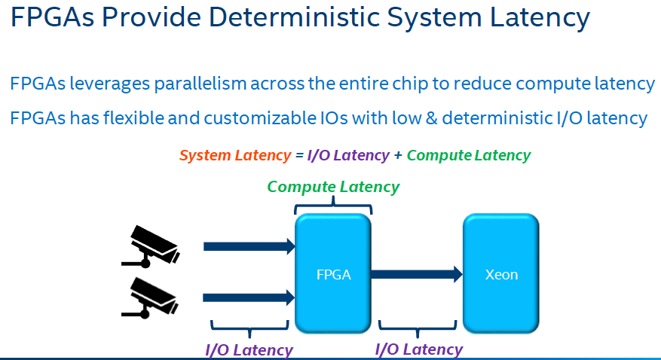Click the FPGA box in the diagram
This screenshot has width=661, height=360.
click(333, 273)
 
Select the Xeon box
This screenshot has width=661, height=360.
click(500, 274)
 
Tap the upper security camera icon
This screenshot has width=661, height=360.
click(150, 245)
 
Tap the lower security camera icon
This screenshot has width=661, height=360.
click(150, 296)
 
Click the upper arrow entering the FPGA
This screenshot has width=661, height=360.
click(249, 246)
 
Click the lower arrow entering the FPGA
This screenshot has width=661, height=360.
click(249, 297)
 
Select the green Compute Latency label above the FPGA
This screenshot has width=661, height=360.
click(333, 186)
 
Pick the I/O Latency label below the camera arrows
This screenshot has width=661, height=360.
click(249, 349)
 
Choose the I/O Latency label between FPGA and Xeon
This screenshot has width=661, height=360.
click(418, 349)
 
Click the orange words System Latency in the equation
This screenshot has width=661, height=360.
click(234, 155)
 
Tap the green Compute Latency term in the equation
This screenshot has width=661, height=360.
click(468, 155)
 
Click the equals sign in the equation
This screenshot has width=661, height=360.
click(298, 156)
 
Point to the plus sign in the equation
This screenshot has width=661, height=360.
click(398, 156)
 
